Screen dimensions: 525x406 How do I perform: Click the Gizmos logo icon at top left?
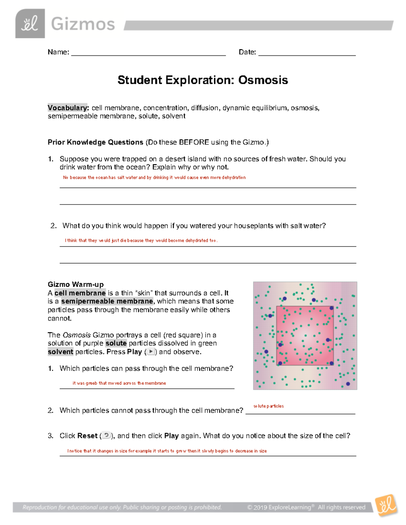tap(30, 24)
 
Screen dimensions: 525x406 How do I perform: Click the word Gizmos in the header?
tap(83, 24)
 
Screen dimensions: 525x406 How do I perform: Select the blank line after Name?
tap(148, 53)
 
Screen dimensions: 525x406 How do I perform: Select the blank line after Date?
tap(307, 53)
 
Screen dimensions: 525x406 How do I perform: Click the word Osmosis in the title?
tap(263, 80)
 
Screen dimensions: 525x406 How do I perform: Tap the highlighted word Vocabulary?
tap(68, 108)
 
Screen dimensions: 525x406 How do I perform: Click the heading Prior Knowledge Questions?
tap(95, 142)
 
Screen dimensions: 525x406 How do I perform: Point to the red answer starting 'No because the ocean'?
tap(154, 177)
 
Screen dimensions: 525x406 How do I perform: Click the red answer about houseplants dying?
tap(141, 241)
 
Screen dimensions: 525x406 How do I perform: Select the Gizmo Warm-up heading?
tap(76, 284)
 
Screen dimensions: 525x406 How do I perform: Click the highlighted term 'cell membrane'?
tap(80, 293)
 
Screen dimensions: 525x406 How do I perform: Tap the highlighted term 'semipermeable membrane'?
tap(107, 301)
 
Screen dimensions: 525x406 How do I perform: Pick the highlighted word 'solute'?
tap(116, 343)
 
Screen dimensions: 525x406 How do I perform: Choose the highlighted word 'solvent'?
tap(61, 352)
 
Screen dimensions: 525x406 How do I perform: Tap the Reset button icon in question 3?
tap(106, 435)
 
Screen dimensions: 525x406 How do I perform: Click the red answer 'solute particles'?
tap(269, 406)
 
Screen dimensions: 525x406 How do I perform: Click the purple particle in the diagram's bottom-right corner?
tap(348, 384)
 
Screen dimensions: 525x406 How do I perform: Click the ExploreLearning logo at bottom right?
tap(386, 505)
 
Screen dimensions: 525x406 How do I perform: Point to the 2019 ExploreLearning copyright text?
tap(306, 507)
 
